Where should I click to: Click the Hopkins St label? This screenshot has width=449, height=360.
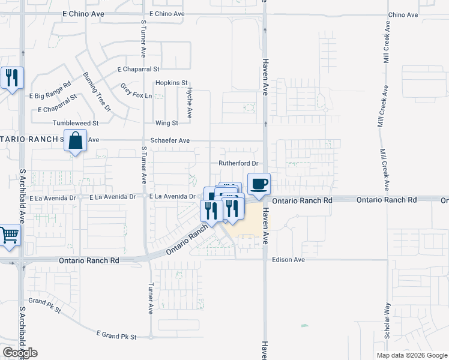tap(172, 83)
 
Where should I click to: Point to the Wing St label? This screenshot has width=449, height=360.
tap(166, 123)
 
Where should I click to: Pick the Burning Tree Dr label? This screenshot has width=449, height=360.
tap(97, 91)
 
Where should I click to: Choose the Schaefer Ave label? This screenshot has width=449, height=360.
tap(170, 140)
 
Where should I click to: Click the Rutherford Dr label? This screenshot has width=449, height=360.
tap(238, 163)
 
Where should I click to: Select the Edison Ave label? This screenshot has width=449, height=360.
tap(289, 260)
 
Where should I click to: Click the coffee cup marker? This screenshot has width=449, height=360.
tap(259, 184)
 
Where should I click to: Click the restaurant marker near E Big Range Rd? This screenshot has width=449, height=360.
tap(11, 77)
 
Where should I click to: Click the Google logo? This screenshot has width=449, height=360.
tap(20, 352)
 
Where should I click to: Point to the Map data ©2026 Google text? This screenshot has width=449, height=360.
tap(411, 355)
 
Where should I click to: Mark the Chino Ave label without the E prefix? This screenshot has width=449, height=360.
tap(403, 14)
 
